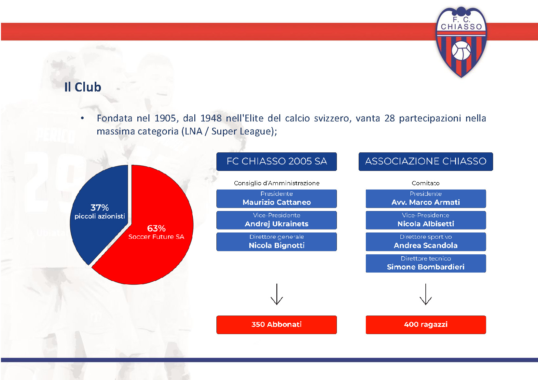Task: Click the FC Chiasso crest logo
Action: coord(461,42)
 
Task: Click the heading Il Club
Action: coord(83,87)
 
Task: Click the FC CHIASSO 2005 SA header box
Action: coord(276,162)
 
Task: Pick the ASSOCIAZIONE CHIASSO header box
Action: coord(426,162)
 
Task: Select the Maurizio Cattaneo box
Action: coord(276,199)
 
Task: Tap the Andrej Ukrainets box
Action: coord(276,220)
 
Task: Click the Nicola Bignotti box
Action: coord(276,242)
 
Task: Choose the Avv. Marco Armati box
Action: coord(426,199)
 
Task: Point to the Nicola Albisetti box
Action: coord(426,220)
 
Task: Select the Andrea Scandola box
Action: coord(426,242)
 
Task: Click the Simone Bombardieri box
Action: coord(426,263)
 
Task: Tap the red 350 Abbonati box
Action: coord(276,325)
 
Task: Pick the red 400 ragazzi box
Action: coord(426,325)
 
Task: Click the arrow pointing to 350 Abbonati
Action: coord(277,294)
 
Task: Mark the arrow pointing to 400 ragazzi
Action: coord(426,294)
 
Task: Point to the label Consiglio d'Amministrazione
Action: coord(277,183)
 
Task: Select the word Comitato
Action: coord(426,183)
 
